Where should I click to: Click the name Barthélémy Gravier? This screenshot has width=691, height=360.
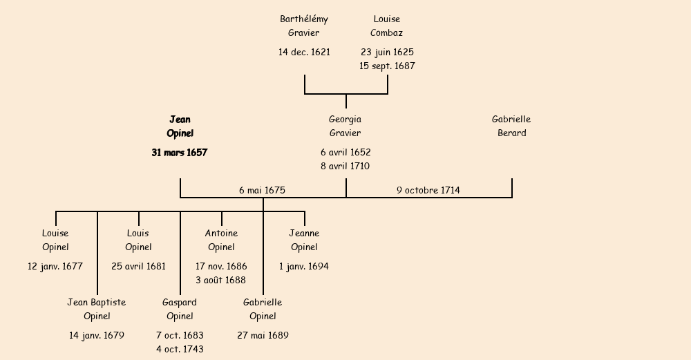[x=304, y=26]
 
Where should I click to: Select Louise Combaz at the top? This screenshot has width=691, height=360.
[x=387, y=26]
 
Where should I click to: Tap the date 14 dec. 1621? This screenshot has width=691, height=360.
[x=304, y=52]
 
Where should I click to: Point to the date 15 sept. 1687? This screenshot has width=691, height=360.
[x=387, y=66]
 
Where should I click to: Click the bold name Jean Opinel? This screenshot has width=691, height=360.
[x=180, y=126]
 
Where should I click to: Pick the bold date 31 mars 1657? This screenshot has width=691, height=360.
[x=180, y=153]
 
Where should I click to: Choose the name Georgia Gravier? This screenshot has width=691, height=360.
[x=345, y=126]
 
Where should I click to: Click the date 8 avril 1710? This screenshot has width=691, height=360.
[x=345, y=167]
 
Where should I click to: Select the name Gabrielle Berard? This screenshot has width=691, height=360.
[x=511, y=126]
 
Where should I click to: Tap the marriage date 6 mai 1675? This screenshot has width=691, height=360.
[x=263, y=190]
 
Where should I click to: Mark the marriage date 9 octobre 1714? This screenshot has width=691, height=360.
[x=428, y=190]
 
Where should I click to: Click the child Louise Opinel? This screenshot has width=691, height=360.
[x=55, y=240]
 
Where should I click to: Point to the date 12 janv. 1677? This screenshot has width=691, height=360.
[x=55, y=266]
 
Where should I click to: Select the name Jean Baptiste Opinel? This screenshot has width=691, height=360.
[x=97, y=310]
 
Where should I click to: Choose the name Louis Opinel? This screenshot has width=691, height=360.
[x=138, y=240]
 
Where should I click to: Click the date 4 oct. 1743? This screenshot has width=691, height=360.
[x=180, y=350]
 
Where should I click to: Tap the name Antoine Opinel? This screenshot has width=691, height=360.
[x=221, y=240]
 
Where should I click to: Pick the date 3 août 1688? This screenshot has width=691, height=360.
[x=221, y=281]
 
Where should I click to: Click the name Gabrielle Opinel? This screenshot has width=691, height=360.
[x=263, y=310]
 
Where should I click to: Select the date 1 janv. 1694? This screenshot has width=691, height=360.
[x=304, y=266]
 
